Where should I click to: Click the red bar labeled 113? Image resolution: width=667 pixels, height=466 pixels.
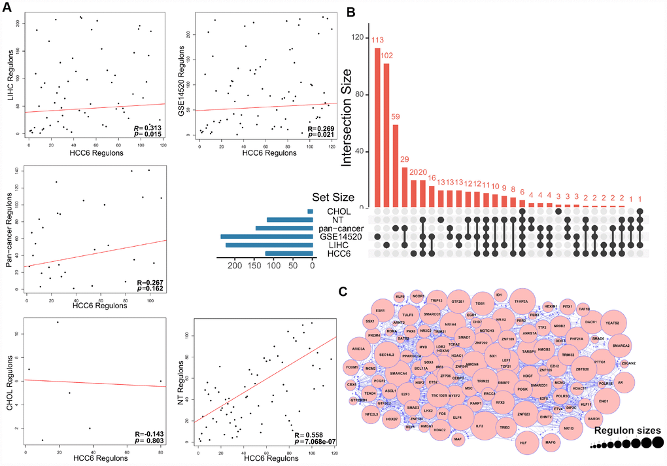(x=377, y=128)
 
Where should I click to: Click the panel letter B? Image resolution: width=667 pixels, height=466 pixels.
(x=351, y=11)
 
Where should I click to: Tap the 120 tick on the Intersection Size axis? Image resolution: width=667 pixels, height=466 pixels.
(x=358, y=38)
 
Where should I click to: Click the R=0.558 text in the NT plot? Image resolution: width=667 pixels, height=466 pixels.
(x=309, y=435)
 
